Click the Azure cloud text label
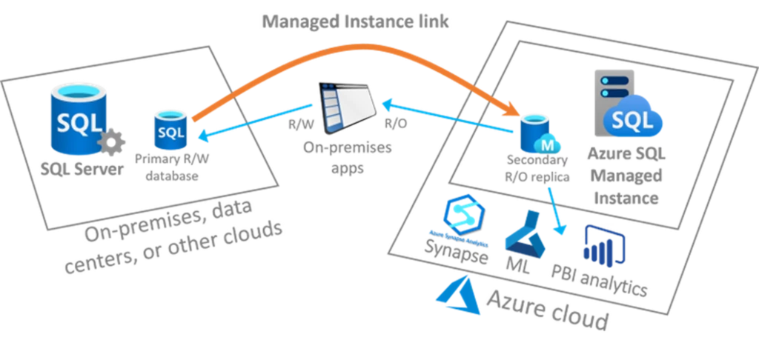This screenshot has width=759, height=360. point(548,307)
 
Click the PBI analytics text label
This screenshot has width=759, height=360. point(601,280)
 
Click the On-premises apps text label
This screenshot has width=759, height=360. point(348,156)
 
